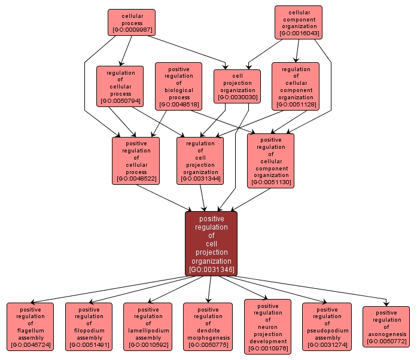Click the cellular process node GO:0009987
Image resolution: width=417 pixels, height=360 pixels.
tap(132, 22)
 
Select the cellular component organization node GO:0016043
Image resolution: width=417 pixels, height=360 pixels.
tap(299, 22)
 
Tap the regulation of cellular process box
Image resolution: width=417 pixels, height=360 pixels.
tap(120, 86)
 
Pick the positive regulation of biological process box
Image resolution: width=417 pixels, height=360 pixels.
tap(179, 86)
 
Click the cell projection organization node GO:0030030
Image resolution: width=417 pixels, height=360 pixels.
tap(238, 86)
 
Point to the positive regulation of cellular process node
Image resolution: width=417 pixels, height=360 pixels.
tap(136, 160)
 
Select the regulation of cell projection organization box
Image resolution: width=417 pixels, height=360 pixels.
tap(200, 160)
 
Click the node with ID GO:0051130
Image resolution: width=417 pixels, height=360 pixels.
tap(271, 160)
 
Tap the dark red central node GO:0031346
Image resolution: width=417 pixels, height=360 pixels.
tap(211, 243)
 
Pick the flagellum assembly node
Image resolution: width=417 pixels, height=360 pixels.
tap(31, 326)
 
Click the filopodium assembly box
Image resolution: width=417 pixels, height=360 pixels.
tap(89, 326)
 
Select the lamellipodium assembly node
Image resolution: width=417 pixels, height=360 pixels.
tap(148, 326)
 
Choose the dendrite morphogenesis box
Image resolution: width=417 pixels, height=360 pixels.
tap(208, 326)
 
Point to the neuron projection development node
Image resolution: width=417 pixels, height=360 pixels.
tap(268, 327)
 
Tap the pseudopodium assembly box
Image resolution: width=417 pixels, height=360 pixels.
tap(327, 326)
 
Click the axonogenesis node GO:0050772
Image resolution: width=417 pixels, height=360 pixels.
tap(386, 327)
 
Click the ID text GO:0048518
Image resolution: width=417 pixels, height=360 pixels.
tap(179, 105)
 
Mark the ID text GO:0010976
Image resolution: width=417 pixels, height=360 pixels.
tap(268, 349)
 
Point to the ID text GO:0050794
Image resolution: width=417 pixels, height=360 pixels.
tap(120, 101)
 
